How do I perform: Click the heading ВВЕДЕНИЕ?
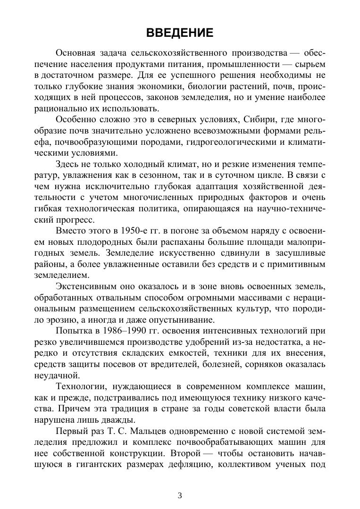pyautogui.click(x=180, y=33)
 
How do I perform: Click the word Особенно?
pyautogui.click(x=74, y=118)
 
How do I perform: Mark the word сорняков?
pyautogui.click(x=265, y=364)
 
